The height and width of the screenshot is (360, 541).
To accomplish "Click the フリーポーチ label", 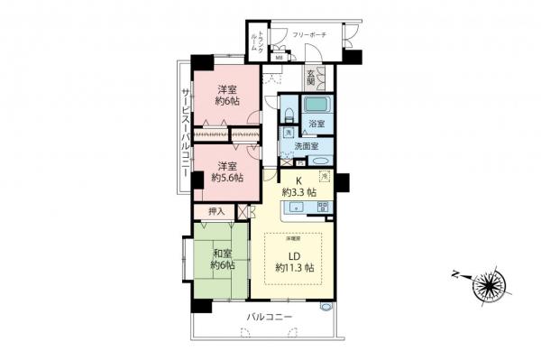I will (x=308, y=35).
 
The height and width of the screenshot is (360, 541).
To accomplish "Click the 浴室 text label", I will (x=316, y=122).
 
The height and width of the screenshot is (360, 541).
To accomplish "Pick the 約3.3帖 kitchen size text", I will (x=298, y=192).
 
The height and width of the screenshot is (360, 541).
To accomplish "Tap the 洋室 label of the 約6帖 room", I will (x=229, y=88).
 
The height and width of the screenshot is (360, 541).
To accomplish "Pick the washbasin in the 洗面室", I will (x=320, y=161).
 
